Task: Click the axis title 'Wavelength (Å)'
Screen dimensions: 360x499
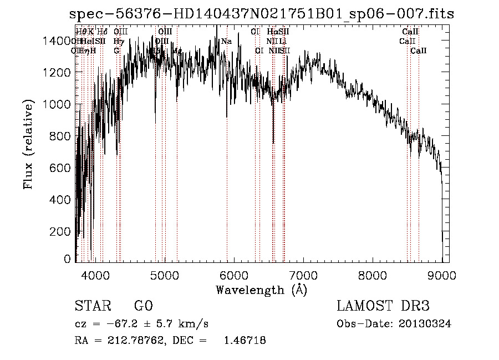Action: tap(261, 290)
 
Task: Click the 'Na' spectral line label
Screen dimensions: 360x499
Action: tap(226, 41)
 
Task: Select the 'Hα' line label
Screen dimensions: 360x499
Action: tap(272, 32)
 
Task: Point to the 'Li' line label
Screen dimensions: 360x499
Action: tap(283, 41)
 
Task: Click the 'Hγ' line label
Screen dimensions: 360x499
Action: tap(118, 41)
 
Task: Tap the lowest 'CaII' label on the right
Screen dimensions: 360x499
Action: tap(419, 50)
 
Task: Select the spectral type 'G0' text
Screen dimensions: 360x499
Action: tap(143, 306)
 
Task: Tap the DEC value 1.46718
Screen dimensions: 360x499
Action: tap(243, 341)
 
